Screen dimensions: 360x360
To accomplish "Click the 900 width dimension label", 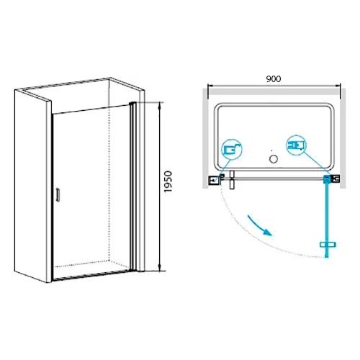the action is (x=274, y=79).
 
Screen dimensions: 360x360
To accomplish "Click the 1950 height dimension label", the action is (x=168, y=181).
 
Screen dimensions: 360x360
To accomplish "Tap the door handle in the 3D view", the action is (x=58, y=194).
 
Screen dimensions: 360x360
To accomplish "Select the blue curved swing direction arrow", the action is (x=260, y=225).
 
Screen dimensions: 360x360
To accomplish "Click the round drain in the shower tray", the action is (x=274, y=159).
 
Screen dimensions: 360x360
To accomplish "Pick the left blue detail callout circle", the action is (x=231, y=150).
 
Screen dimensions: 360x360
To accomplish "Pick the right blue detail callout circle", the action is (x=297, y=145).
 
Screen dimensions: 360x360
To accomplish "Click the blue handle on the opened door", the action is (x=328, y=245).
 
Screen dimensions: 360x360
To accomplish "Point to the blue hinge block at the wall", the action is (x=328, y=179).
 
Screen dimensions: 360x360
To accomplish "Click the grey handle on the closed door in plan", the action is (x=231, y=180).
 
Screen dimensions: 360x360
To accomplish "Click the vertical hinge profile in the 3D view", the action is (x=132, y=186).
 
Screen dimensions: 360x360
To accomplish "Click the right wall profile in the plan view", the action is (x=336, y=179).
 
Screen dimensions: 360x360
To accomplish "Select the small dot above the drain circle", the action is (x=271, y=150).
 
